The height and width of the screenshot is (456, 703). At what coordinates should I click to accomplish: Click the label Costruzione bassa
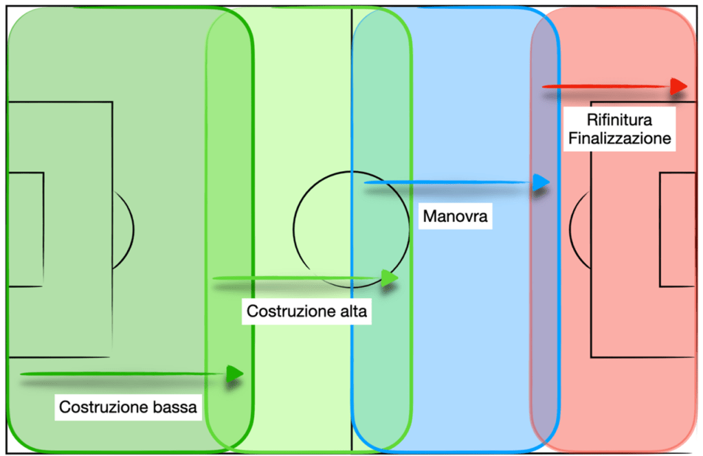128,407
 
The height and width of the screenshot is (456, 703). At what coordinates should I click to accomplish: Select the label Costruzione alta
307,311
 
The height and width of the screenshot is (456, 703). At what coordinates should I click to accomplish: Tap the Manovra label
455,218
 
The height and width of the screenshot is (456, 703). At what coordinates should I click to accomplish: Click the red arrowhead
679,86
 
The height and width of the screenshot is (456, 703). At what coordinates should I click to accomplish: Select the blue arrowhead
541,183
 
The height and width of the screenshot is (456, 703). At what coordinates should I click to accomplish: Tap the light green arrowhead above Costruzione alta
389,277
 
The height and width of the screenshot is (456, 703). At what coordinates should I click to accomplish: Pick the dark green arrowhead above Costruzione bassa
235,374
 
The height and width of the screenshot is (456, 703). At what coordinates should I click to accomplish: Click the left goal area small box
25,229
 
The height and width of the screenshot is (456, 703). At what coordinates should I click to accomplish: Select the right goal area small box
677,229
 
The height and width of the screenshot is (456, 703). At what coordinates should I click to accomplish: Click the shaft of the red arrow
605,87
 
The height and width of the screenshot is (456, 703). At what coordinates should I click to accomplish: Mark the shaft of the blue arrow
447,183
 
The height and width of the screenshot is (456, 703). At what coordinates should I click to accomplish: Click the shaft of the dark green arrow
124,374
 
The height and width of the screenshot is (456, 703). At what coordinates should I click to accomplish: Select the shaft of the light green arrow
295,277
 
